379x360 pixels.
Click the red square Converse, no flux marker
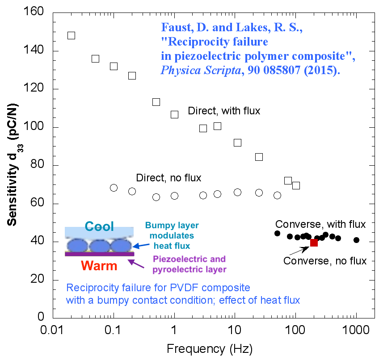pyautogui.click(x=314, y=243)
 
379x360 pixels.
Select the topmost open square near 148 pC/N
pyautogui.click(x=71, y=35)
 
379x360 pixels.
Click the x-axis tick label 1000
pyautogui.click(x=356, y=331)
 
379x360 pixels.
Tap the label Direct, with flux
pyautogui.click(x=224, y=110)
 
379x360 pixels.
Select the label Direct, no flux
pyautogui.click(x=168, y=178)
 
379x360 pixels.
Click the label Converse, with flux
pyautogui.click(x=320, y=224)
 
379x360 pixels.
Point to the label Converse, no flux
pyautogui.click(x=325, y=260)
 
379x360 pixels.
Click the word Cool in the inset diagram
pyautogui.click(x=99, y=226)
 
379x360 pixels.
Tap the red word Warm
pyautogui.click(x=99, y=267)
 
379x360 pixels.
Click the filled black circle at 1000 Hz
pyautogui.click(x=356, y=240)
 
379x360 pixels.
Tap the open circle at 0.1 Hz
pyautogui.click(x=114, y=188)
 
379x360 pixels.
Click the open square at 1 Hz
pyautogui.click(x=174, y=114)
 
